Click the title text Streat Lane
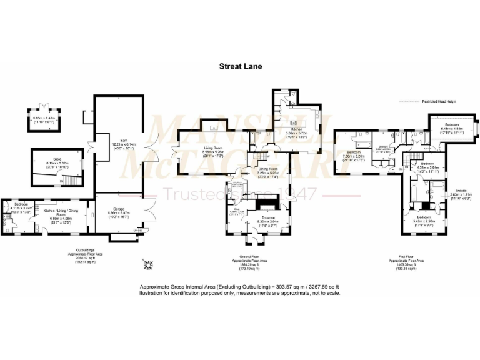(240, 65)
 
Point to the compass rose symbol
(149, 265)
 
